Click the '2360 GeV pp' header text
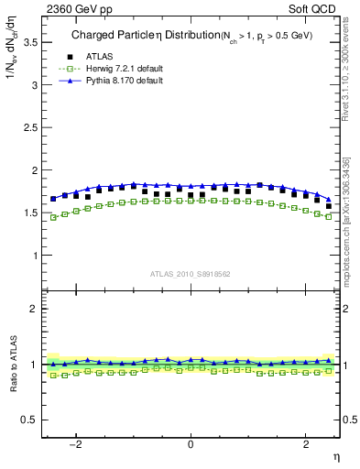[75, 9]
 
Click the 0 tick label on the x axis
[191, 444]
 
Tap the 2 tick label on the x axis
[306, 444]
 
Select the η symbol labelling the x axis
[336, 457]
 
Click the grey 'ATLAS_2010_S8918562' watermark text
[191, 273]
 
